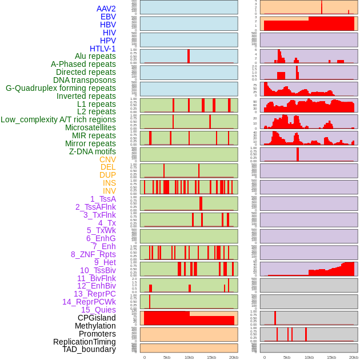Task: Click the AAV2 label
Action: [106, 9]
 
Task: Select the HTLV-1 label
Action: [102, 49]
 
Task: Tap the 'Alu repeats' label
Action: [95, 57]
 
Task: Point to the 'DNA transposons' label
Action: [84, 81]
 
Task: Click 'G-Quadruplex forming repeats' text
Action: [61, 89]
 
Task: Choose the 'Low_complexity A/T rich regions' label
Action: [58, 120]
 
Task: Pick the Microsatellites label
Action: [90, 128]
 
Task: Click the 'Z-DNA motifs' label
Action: [93, 151]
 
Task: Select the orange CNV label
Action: [107, 159]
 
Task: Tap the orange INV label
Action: [109, 191]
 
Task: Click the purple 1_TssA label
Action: [103, 199]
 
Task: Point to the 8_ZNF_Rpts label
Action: [93, 254]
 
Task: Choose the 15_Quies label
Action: [98, 310]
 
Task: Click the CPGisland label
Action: [97, 318]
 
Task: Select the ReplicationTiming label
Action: [84, 342]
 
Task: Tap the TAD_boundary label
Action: [89, 349]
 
